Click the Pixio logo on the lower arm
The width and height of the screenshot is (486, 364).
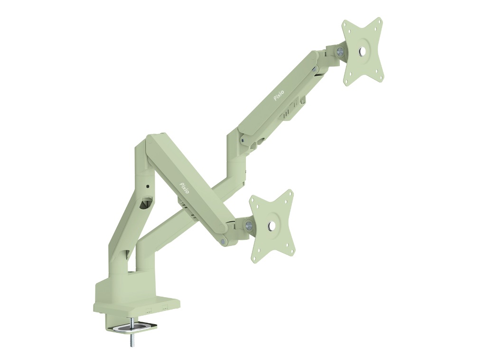[186, 187]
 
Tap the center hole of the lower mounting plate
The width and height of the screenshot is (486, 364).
[271, 226]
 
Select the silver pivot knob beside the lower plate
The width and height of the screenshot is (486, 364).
[249, 224]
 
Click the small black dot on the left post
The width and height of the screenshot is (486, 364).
[147, 186]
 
